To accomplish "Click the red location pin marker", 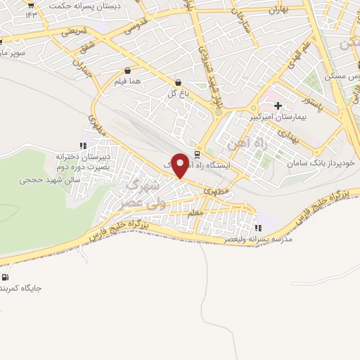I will pyautogui.click(x=181, y=165).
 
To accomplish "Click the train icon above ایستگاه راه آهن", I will pyautogui.click(x=198, y=154).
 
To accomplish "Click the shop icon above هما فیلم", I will pyautogui.click(x=127, y=71).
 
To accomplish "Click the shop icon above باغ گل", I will pyautogui.click(x=177, y=82).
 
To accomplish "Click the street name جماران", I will pyautogui.click(x=82, y=65).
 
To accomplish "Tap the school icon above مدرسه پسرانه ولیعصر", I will pyautogui.click(x=258, y=228).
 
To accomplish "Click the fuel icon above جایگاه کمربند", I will pyautogui.click(x=6, y=277).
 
